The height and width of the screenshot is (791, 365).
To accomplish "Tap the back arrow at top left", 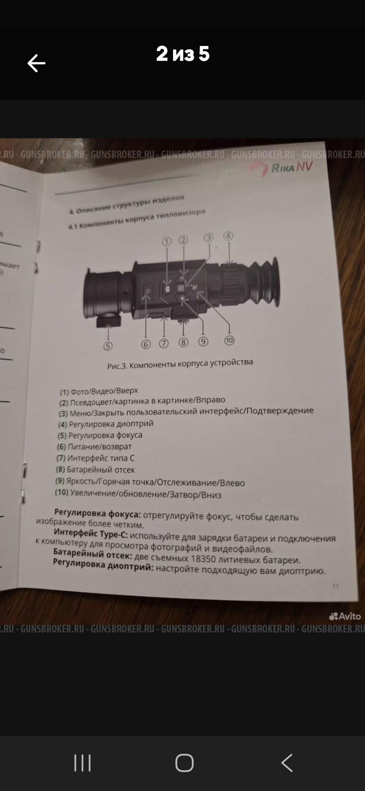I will click(36, 63).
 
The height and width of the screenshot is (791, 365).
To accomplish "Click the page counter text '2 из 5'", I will click(183, 54).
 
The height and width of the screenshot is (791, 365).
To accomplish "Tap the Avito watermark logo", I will click(345, 616).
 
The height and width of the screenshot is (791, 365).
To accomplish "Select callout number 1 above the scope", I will click(167, 242).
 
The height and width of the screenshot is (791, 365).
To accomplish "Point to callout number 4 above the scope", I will click(228, 236).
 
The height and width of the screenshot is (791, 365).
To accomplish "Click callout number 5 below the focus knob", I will click(108, 346).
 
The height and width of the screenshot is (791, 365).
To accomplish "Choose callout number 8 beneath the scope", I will click(183, 343).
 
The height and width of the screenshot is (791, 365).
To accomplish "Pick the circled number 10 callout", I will click(229, 340).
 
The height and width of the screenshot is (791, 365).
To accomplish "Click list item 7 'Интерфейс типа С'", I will click(96, 458).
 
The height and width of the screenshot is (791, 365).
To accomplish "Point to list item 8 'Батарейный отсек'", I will click(95, 470).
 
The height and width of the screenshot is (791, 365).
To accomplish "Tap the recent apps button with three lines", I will click(82, 763).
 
